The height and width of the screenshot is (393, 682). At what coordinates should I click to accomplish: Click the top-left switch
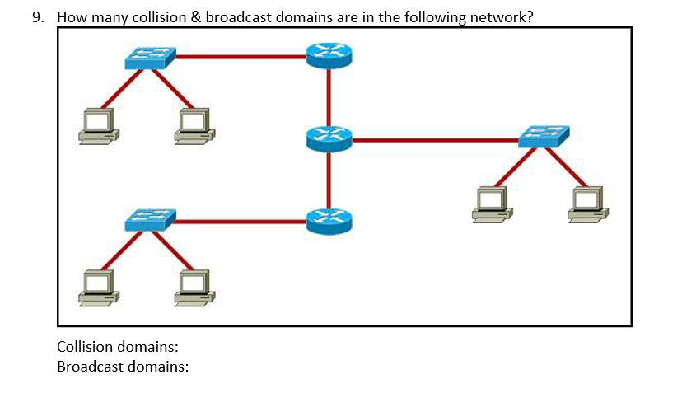[150, 58]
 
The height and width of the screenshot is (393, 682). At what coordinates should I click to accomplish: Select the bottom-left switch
[150, 220]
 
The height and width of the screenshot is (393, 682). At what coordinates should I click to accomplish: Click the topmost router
[329, 55]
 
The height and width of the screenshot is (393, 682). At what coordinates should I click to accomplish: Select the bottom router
[329, 220]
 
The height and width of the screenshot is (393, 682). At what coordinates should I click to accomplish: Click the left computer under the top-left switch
[98, 126]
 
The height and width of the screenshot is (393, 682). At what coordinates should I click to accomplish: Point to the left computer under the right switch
[492, 204]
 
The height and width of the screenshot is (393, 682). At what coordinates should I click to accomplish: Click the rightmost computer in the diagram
[588, 204]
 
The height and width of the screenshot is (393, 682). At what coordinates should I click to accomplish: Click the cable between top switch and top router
[239, 57]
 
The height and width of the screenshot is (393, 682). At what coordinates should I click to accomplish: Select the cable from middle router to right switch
[437, 140]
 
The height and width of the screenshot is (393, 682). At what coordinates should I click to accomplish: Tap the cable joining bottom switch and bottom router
[239, 221]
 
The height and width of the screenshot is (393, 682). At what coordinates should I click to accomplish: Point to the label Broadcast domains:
[123, 365]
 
